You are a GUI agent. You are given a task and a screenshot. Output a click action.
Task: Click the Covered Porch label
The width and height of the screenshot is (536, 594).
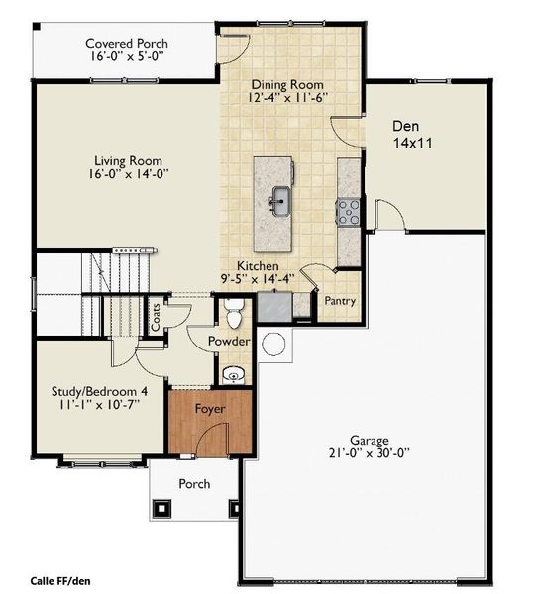pos(126,44)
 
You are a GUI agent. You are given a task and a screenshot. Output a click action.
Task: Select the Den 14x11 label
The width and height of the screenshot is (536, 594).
pos(411,135)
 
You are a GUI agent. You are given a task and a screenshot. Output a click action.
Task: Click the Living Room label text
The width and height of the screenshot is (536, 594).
pos(128,160)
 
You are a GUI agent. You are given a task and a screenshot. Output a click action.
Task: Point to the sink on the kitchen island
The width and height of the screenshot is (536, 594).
pos(280,201)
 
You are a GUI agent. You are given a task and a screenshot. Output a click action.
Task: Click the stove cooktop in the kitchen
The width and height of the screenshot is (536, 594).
pos(350,210)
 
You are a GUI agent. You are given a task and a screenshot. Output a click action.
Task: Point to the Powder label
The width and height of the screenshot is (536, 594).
pos(228,342)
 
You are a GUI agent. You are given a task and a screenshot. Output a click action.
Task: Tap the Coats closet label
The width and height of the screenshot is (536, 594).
pos(157,318)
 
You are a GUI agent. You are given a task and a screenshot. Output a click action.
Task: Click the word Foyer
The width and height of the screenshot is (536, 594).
pos(209,408)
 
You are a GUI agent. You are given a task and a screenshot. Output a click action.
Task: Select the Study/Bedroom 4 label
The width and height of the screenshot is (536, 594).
pos(96,392)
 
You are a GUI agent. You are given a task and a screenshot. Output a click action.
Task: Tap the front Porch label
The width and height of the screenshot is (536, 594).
pos(193,484)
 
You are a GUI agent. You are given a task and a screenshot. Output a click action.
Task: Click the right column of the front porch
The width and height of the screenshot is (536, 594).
pos(236,509)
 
